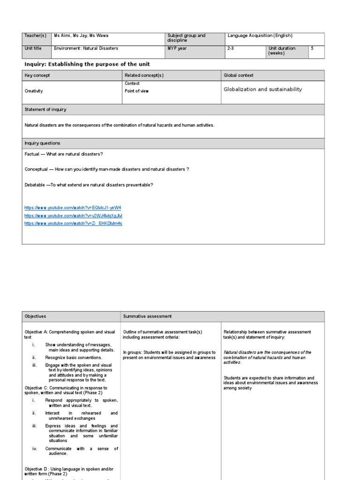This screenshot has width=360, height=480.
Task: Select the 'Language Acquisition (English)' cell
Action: [260, 36]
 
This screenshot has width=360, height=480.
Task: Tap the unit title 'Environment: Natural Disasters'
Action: [86, 48]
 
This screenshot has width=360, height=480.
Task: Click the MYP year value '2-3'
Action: [231, 48]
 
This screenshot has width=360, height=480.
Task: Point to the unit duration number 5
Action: [312, 48]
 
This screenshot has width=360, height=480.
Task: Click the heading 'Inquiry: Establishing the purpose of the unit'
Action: [87, 64]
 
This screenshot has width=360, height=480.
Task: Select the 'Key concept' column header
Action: [37, 75]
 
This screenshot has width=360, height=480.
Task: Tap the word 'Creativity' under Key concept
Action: [34, 91]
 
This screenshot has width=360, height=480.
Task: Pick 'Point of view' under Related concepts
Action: [136, 91]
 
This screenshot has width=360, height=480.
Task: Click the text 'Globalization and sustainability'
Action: [262, 89]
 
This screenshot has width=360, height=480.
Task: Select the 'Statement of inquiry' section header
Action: [45, 110]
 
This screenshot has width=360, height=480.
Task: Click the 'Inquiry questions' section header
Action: [42, 143]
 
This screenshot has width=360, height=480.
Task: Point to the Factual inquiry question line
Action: [64, 154]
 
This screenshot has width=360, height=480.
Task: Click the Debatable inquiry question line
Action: [89, 185]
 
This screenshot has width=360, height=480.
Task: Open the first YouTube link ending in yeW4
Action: [73, 207]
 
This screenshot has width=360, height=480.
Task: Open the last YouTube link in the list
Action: [73, 224]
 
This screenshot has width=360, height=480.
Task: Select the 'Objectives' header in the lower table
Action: [35, 317]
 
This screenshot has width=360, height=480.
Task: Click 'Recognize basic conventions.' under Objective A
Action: [73, 358]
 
